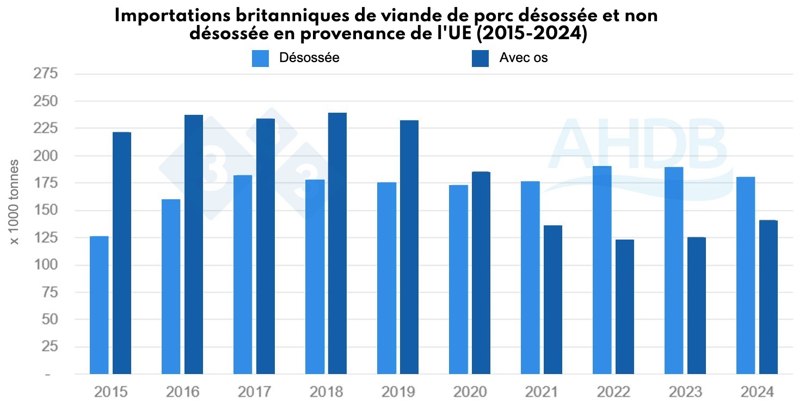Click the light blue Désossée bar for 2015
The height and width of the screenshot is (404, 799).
click(99, 305)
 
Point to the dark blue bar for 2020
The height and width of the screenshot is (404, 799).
click(481, 273)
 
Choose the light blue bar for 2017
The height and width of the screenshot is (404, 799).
click(243, 274)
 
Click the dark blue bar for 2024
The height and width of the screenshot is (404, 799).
click(769, 297)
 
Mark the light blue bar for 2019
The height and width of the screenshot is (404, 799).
click(386, 278)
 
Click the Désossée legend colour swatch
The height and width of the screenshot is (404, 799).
click(260, 58)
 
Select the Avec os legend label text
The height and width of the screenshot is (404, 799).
click(523, 58)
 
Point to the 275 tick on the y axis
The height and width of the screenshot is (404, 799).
click(46, 74)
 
